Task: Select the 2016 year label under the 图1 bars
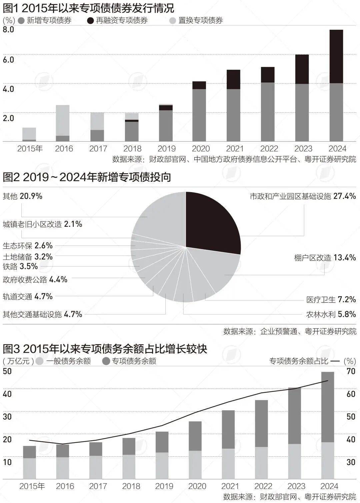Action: click(x=64, y=148)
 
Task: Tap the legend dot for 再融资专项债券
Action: click(x=90, y=20)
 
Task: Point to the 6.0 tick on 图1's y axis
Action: click(x=8, y=60)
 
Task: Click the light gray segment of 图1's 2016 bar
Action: click(x=62, y=120)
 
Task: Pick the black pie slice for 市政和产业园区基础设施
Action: click(x=212, y=220)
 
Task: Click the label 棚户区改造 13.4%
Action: click(x=325, y=258)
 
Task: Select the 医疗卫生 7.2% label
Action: click(x=331, y=300)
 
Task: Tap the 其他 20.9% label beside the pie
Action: click(x=23, y=196)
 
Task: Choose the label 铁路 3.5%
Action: click(x=20, y=267)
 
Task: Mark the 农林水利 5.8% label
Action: click(x=331, y=314)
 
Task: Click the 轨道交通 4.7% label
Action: click(x=28, y=296)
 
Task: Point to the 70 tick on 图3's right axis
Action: click(x=351, y=371)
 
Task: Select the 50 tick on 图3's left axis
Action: click(x=7, y=371)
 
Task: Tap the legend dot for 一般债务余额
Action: click(x=39, y=361)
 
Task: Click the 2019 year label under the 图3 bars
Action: click(x=164, y=486)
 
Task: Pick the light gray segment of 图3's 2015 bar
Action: click(x=29, y=468)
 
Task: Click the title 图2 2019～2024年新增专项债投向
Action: click(x=87, y=177)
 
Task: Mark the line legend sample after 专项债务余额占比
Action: click(x=335, y=361)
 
